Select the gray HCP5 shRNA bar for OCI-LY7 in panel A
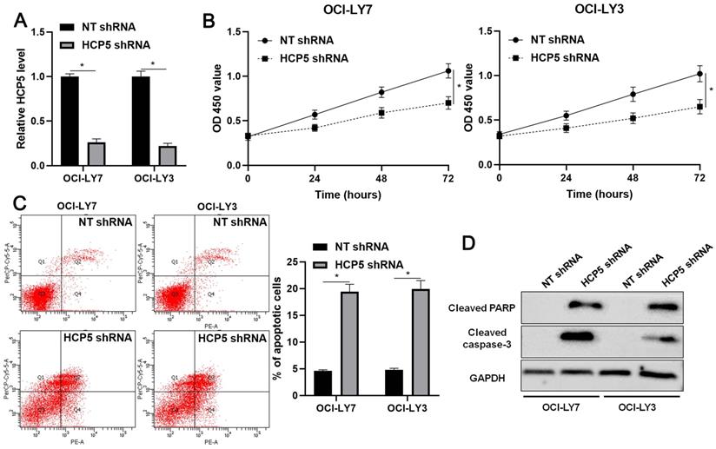(97, 153)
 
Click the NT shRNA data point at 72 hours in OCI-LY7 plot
(448, 71)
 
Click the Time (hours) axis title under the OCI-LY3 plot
(600, 194)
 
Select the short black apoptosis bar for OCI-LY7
(322, 383)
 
